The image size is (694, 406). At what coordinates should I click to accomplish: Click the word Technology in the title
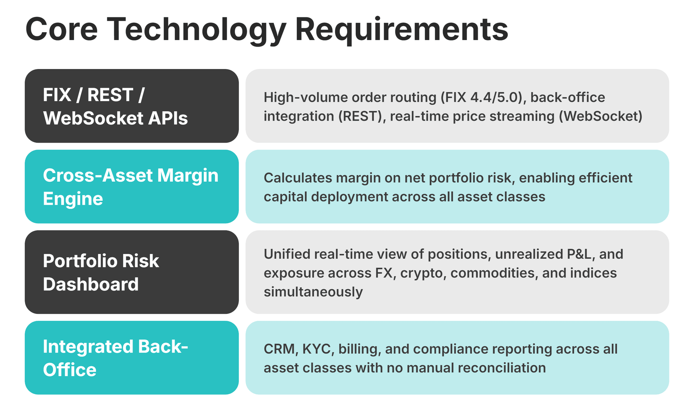[197, 30]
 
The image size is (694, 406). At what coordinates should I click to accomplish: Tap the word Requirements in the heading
[402, 30]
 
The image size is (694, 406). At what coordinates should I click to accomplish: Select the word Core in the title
[61, 30]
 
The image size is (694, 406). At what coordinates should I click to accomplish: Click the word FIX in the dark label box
[57, 95]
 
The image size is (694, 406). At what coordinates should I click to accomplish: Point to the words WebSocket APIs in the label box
[115, 118]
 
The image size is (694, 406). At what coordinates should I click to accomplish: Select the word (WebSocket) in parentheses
[600, 116]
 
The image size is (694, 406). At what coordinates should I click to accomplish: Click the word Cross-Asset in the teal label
[98, 176]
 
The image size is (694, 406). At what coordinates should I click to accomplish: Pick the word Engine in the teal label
[73, 199]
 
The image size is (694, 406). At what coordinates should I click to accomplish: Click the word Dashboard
[91, 285]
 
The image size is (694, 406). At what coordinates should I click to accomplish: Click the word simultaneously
[313, 292]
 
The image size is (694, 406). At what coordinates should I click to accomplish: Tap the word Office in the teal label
[69, 370]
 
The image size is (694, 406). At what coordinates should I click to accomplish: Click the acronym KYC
[316, 349]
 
